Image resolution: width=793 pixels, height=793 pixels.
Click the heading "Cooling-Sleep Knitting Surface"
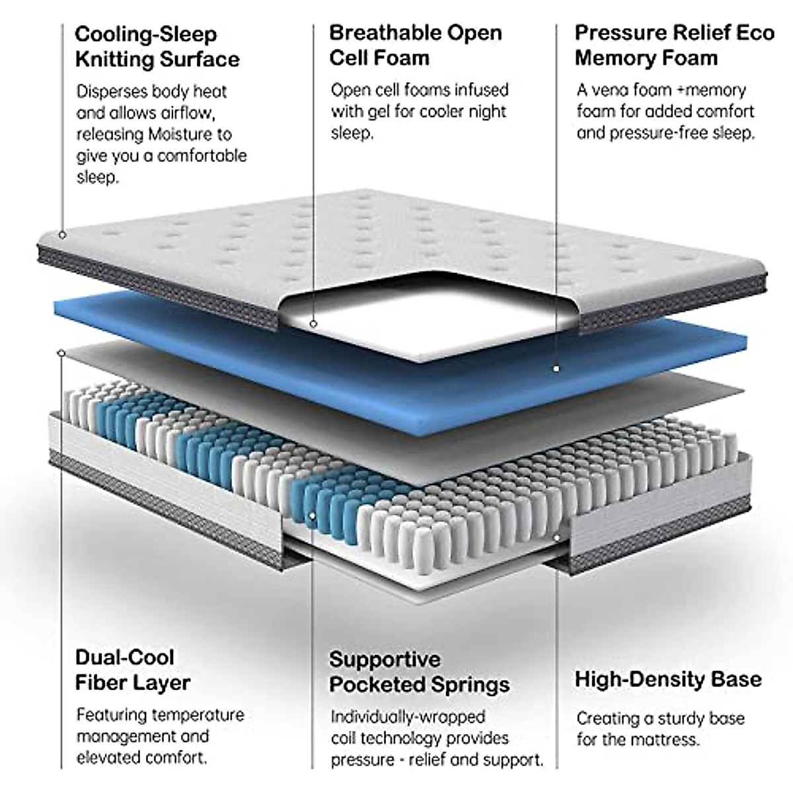point(157,46)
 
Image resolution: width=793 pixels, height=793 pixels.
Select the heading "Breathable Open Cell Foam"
point(415,45)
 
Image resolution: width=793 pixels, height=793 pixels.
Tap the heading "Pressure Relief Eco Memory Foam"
point(674,45)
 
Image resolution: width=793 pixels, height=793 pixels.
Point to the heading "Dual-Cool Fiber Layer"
point(133,669)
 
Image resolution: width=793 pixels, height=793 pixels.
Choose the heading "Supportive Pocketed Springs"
point(419,671)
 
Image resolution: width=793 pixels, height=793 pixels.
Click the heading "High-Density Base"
point(667,679)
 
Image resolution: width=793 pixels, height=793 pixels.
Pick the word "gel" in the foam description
point(379,111)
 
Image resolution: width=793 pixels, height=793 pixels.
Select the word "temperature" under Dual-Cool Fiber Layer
point(198,715)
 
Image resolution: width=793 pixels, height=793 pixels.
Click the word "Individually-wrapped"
point(408,717)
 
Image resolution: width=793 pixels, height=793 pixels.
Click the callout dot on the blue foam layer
point(556,368)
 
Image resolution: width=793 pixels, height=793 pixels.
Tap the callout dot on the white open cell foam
point(313,324)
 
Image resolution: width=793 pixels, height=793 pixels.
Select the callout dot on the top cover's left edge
point(61,235)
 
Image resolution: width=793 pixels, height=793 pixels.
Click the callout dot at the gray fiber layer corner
point(61,354)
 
